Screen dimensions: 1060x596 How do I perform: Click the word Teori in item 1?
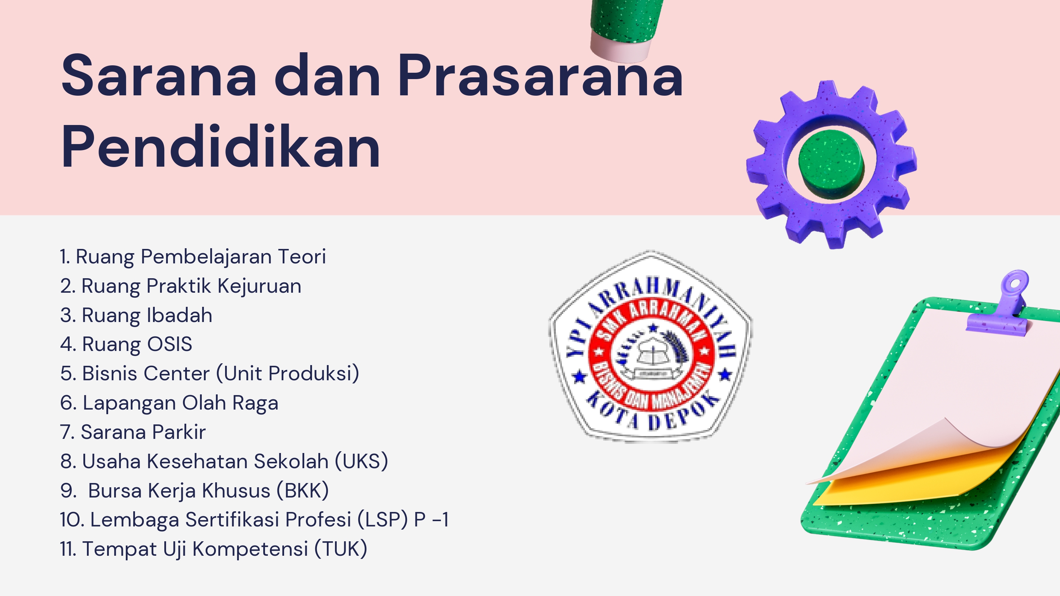click(302, 256)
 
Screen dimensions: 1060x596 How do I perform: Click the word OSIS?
click(170, 344)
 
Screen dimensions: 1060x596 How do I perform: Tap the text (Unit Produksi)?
click(288, 374)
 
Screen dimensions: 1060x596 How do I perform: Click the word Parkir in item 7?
click(178, 432)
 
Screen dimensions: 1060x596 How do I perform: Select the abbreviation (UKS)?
click(361, 461)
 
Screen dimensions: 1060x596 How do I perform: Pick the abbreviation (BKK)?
click(302, 490)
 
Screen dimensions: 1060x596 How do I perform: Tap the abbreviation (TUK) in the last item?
click(341, 549)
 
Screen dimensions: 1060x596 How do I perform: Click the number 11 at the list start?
click(68, 549)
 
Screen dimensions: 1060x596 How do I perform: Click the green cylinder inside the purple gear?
click(831, 164)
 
